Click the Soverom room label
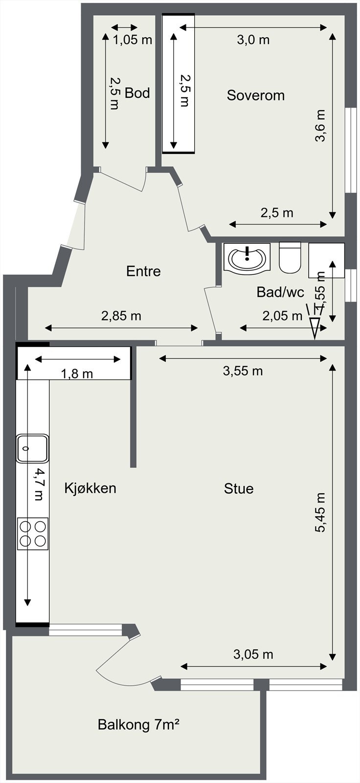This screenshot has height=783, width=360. pyautogui.click(x=255, y=95)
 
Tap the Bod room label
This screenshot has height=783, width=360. pyautogui.click(x=137, y=93)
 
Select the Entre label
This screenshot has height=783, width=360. pyautogui.click(x=143, y=271)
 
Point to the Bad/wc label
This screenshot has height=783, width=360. pyautogui.click(x=280, y=292)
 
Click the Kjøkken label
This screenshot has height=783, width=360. pyautogui.click(x=90, y=488)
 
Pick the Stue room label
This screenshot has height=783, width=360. pyautogui.click(x=239, y=488)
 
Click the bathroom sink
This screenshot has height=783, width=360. pyautogui.click(x=247, y=257)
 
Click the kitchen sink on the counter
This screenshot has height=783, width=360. pyautogui.click(x=33, y=448)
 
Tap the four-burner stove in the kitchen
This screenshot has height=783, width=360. pyautogui.click(x=33, y=533)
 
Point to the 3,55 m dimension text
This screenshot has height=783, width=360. pyautogui.click(x=243, y=371)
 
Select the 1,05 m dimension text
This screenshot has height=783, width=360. pyautogui.click(x=133, y=40)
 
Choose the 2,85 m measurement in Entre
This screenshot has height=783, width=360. pyautogui.click(x=121, y=316)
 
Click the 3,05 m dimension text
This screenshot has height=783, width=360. pyautogui.click(x=253, y=654)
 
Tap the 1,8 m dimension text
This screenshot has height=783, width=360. pyautogui.click(x=77, y=374)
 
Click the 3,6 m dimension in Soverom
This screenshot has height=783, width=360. pyautogui.click(x=320, y=125)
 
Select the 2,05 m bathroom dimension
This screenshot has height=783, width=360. pyautogui.click(x=282, y=316)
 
